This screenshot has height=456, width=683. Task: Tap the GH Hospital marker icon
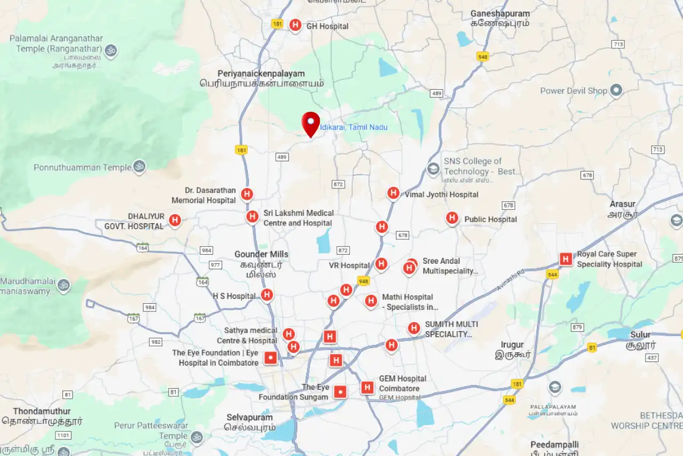pyautogui.click(x=295, y=25)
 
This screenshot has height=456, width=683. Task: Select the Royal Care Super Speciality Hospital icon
pyautogui.click(x=566, y=260)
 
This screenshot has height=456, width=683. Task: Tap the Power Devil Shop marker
pyautogui.click(x=616, y=90)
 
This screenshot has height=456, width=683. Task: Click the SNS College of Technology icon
pyautogui.click(x=433, y=170)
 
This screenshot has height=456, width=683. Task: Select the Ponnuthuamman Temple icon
pyautogui.click(x=139, y=167)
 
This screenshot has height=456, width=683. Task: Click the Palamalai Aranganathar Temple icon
pyautogui.click(x=111, y=51)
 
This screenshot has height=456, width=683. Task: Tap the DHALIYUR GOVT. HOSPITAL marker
pyautogui.click(x=174, y=220)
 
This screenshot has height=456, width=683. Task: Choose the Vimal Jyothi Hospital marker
pyautogui.click(x=393, y=193)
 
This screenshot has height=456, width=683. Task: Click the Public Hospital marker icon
pyautogui.click(x=452, y=218)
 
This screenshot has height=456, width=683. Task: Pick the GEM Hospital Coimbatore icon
pyautogui.click(x=367, y=388)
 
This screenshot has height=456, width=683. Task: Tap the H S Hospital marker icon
pyautogui.click(x=267, y=295)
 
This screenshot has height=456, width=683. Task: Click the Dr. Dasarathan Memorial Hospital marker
pyautogui.click(x=247, y=194)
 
